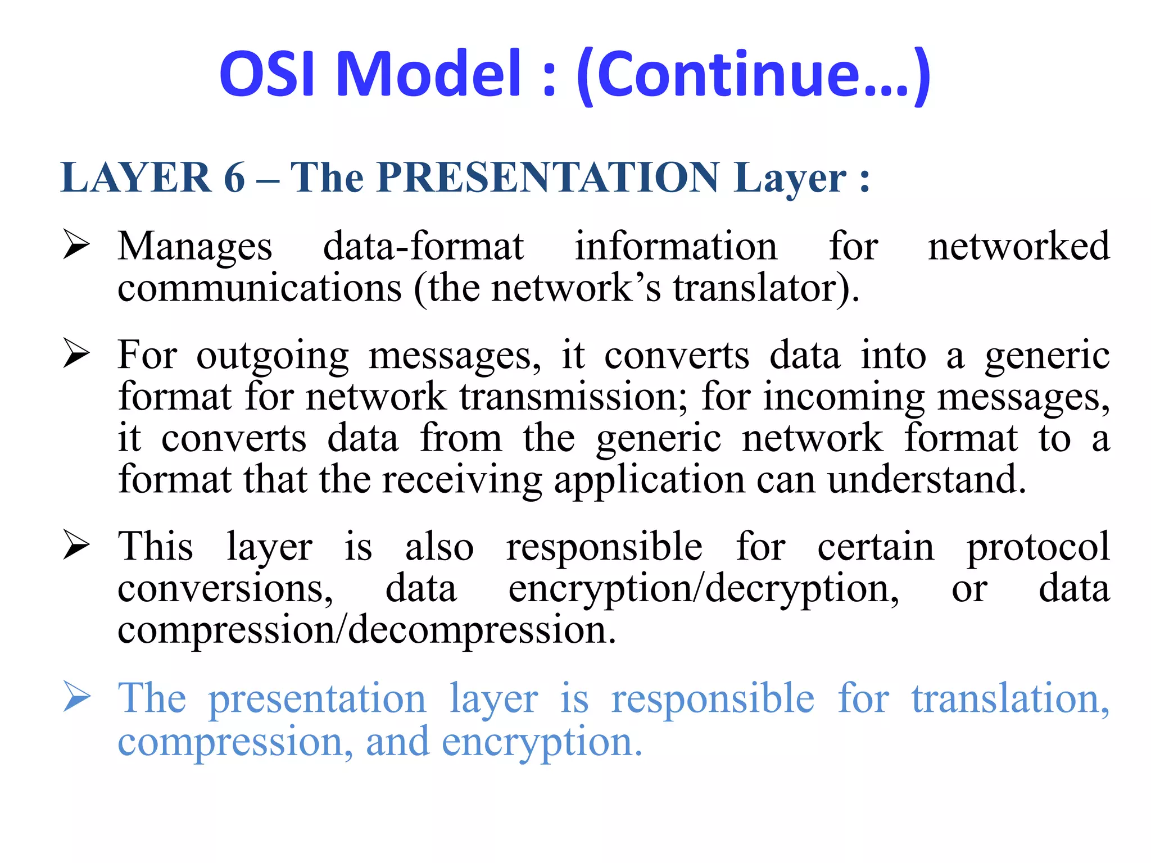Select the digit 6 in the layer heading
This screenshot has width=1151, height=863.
pos(234,178)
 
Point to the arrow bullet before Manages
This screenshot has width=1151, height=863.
pos(76,245)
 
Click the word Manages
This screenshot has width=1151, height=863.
pos(195,247)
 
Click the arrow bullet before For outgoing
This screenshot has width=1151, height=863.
pos(76,353)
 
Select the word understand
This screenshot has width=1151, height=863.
pos(927,480)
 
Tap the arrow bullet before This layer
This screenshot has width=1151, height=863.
pos(76,545)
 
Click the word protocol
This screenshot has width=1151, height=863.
pos(1037,547)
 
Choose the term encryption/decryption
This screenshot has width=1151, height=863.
pos(704,590)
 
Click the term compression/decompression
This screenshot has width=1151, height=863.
pos(367,630)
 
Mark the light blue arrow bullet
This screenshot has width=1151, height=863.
pos(76,697)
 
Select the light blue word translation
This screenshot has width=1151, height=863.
pos(1009,699)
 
